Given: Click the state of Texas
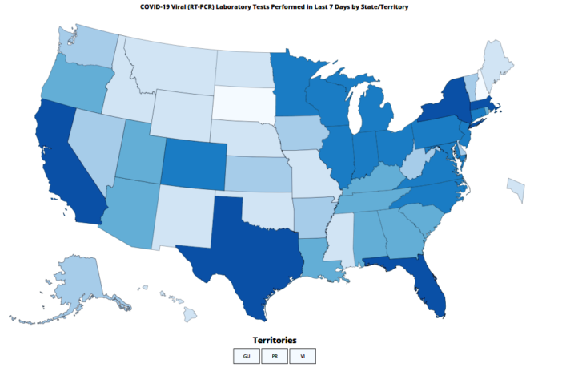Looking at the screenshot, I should pyautogui.click(x=240, y=249).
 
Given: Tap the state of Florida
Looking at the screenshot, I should pyautogui.click(x=424, y=281).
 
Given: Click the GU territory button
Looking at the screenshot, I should pyautogui.click(x=247, y=355).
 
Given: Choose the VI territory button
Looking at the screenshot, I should pyautogui.click(x=303, y=355).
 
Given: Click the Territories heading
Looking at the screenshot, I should pyautogui.click(x=275, y=340).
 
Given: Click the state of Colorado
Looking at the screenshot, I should pyautogui.click(x=196, y=161).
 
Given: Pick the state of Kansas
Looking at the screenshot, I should pyautogui.click(x=255, y=173).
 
